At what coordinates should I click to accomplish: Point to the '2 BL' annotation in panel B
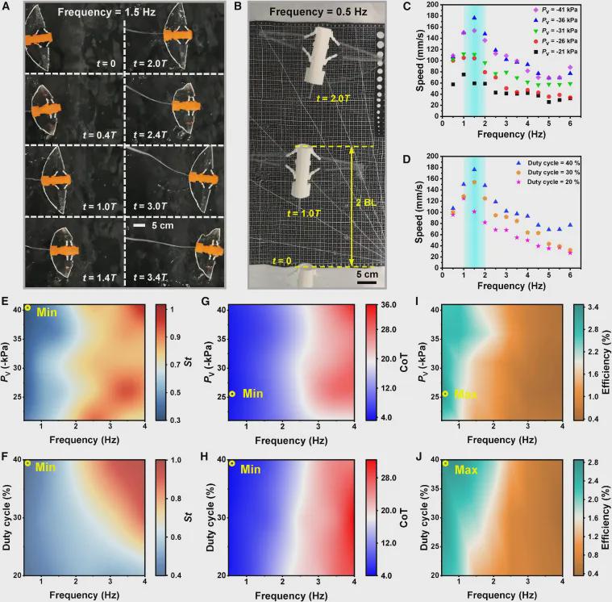[365, 203]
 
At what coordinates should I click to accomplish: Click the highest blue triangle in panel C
[474, 17]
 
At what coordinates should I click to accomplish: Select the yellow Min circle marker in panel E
[28, 308]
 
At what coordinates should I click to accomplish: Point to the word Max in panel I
[466, 395]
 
